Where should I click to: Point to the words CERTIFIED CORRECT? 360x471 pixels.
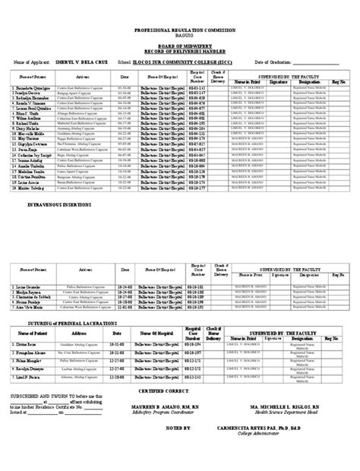coord(180,390)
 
